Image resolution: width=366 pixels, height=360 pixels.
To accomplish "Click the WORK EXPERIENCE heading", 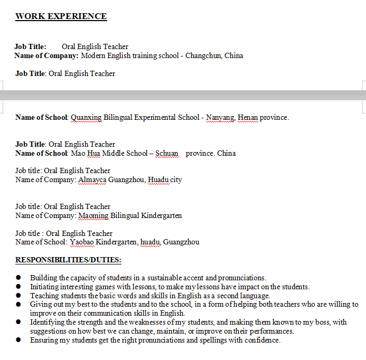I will tap(61, 16).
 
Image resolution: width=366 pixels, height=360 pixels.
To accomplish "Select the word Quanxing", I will tap(86, 117).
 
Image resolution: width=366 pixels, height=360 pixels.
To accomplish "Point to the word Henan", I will tap(248, 117).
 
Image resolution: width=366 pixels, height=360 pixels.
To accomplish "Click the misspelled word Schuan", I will tap(167, 153).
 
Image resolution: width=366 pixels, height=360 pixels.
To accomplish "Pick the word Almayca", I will tap(92, 179).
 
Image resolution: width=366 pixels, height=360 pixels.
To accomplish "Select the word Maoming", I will tap(93, 215).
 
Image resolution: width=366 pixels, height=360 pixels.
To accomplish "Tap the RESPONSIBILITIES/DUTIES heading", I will tap(68, 260).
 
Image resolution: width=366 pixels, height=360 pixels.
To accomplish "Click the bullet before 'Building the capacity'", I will tap(18, 278).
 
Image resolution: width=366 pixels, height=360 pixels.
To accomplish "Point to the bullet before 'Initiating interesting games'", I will tap(18, 287).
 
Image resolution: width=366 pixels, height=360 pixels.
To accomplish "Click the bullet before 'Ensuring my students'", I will tap(18, 340).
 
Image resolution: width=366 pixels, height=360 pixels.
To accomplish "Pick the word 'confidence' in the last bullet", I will tap(262, 340).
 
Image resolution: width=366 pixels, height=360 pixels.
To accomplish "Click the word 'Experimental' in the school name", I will tap(155, 117).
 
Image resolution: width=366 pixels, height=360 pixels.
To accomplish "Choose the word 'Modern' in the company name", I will tap(93, 55).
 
